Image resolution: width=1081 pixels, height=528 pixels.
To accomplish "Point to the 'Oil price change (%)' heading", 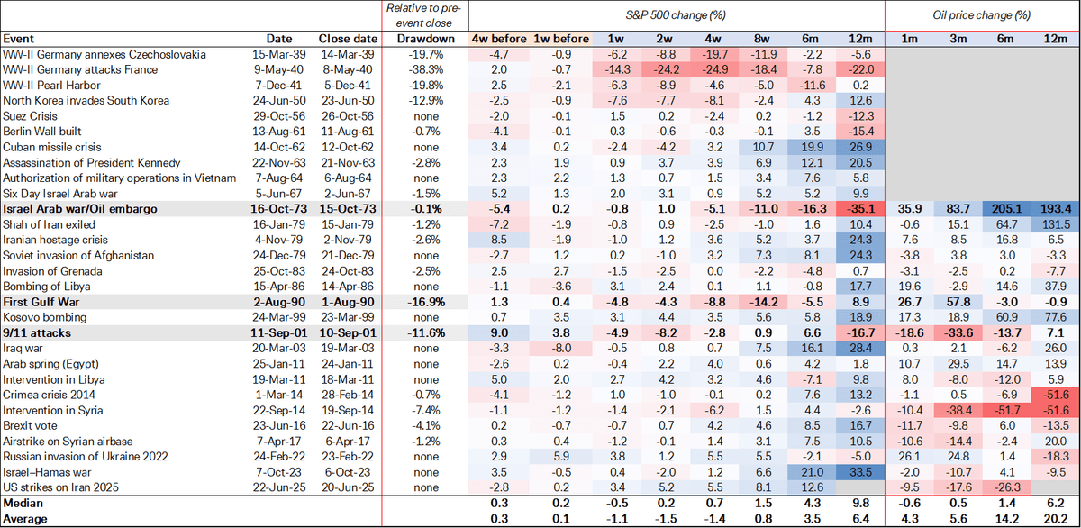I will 983,15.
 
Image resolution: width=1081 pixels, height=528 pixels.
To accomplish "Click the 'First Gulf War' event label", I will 41,301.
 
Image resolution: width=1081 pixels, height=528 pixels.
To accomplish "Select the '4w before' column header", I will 499,39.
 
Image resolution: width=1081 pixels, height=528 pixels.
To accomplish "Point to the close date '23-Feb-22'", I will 341,455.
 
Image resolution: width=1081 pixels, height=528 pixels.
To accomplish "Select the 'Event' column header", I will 18,39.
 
